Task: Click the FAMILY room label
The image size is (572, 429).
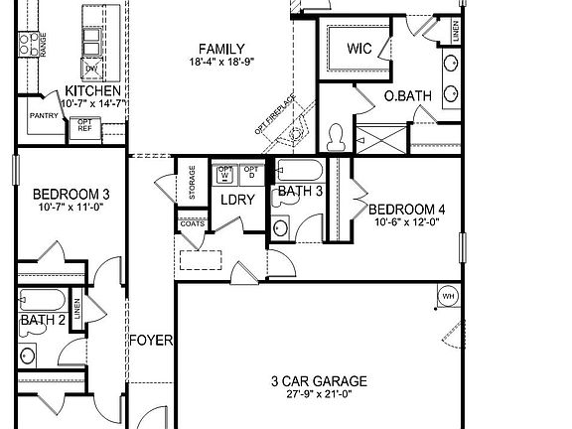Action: [x=221, y=49]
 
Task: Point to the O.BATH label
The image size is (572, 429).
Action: [x=407, y=96]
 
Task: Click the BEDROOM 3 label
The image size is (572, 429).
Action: [x=71, y=194]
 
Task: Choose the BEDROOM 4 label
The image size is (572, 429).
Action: [x=407, y=210]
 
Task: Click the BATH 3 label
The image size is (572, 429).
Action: [x=300, y=191]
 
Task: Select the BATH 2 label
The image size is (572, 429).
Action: [x=43, y=320]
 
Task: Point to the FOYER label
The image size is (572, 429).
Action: [x=151, y=341]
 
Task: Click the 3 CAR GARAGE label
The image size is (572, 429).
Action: [x=319, y=380]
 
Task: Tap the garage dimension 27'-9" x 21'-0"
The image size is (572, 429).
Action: [x=319, y=394]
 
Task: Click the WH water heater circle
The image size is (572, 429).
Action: [x=447, y=296]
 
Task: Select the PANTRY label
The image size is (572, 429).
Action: [x=44, y=115]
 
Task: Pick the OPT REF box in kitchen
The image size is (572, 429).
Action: [x=84, y=126]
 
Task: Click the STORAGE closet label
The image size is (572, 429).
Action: [x=192, y=182]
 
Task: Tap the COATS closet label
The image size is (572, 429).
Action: [x=192, y=223]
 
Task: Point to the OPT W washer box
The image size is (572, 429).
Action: [x=225, y=173]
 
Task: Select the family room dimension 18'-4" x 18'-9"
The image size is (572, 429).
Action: [x=221, y=62]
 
